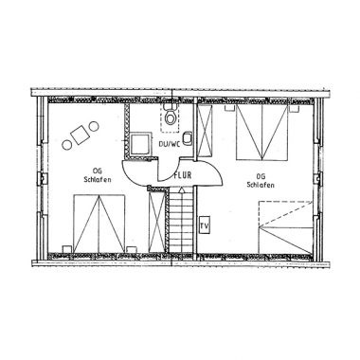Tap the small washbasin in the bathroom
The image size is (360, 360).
tap(188, 138)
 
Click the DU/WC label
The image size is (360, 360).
tap(170, 144)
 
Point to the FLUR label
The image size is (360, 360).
tap(183, 175)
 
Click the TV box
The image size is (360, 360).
tap(205, 225)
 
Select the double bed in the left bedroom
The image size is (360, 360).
tap(99, 224)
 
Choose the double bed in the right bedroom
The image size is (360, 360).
tap(262, 133)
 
